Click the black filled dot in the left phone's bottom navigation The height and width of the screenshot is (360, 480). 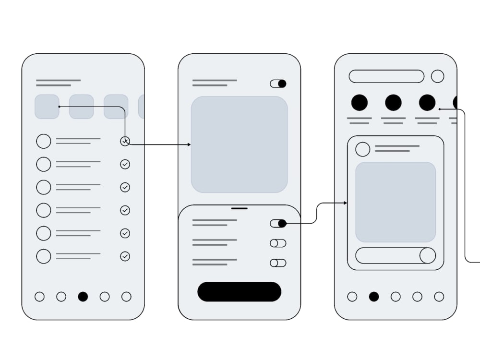(x=83, y=297)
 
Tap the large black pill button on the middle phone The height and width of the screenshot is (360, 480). (x=239, y=292)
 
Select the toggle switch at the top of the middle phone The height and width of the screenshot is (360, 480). (x=278, y=84)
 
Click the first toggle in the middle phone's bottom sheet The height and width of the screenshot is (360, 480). (x=278, y=223)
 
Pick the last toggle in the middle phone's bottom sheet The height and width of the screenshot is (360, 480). (x=278, y=263)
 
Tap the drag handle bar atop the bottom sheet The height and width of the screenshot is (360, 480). (x=239, y=208)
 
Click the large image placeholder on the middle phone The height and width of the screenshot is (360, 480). (x=239, y=144)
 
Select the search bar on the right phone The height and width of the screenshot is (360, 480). (x=386, y=76)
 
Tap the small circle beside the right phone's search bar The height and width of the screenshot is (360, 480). (x=437, y=76)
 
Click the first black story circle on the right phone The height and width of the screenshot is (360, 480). (x=360, y=103)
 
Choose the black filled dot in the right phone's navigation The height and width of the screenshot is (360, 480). (x=374, y=297)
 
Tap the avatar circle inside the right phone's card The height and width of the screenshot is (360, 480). (x=363, y=149)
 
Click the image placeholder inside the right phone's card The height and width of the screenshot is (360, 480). (x=396, y=202)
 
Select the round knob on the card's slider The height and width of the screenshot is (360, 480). (x=427, y=255)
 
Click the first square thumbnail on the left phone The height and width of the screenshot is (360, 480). (x=47, y=107)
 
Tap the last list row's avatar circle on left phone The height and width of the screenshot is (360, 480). (x=44, y=256)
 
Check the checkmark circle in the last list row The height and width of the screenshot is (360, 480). (x=125, y=256)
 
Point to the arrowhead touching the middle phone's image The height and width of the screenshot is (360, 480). (x=189, y=144)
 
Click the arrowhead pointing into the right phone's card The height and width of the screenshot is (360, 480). (x=346, y=203)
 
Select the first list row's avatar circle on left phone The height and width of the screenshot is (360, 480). (x=44, y=141)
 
